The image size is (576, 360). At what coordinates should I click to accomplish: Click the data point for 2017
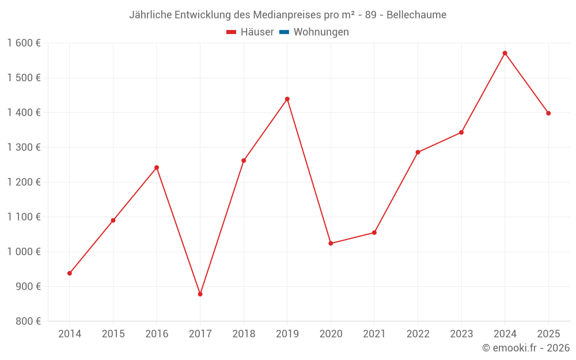[x=200, y=294]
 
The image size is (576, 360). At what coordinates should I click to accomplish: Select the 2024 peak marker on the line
[x=505, y=53]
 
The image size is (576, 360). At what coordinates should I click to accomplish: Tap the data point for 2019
[x=287, y=99]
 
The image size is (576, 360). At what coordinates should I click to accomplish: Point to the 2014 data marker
[x=70, y=273]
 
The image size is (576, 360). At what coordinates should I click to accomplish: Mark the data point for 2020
[x=331, y=243]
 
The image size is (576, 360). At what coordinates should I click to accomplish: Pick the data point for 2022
[x=418, y=153]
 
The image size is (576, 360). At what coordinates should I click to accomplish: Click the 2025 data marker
[x=548, y=113]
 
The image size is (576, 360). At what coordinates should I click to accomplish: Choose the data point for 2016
[x=157, y=168]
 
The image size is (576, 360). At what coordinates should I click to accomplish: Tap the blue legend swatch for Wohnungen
[x=284, y=32]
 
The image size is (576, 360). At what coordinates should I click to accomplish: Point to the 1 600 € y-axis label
[x=24, y=43]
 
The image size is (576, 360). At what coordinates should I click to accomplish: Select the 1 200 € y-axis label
[x=24, y=182]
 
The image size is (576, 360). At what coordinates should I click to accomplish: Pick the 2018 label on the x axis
[x=244, y=334]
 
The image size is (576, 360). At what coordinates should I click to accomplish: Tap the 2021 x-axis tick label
[x=374, y=334]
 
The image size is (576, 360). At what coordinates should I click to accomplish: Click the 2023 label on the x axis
[x=461, y=334]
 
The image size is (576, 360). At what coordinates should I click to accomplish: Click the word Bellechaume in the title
[x=416, y=15]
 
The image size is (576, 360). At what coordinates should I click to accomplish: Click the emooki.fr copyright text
[x=526, y=348]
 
